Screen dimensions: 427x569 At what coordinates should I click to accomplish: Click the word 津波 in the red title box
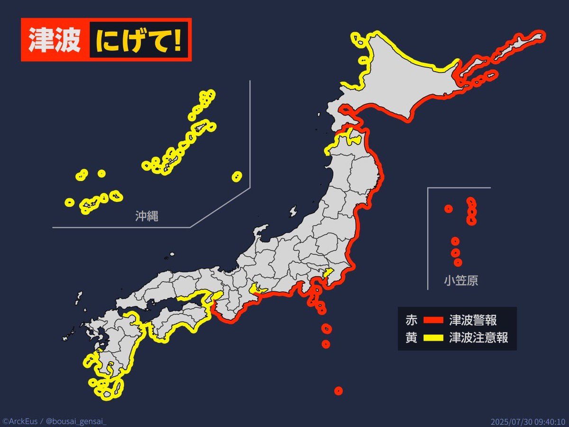54,40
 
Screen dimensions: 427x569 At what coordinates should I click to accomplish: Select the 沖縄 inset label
147,217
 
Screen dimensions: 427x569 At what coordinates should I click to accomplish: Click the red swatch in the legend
431,320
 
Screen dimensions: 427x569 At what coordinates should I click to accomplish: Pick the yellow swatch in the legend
431,338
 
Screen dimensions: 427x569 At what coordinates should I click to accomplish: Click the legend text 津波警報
473,320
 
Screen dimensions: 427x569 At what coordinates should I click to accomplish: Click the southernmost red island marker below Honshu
338,391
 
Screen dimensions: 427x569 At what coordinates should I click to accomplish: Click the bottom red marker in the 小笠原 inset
458,262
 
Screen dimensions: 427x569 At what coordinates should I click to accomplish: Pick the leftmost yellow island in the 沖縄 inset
70,202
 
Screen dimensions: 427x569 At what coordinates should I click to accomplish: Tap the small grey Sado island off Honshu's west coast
293,211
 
